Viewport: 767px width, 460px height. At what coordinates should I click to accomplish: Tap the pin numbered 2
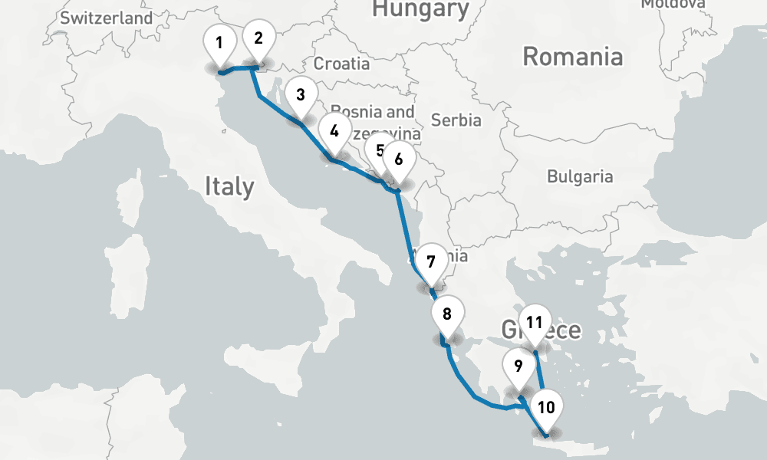[258, 38]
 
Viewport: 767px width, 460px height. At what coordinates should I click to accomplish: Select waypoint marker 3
[301, 96]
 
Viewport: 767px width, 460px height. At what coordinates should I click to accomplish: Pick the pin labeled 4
[334, 131]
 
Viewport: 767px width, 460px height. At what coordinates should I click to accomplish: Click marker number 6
[398, 159]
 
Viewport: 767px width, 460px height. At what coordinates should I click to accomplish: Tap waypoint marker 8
[448, 313]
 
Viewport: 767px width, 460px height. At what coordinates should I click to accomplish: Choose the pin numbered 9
[518, 366]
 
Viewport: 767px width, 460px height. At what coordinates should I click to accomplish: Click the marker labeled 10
[546, 407]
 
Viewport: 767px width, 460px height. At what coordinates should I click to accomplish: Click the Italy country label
[229, 186]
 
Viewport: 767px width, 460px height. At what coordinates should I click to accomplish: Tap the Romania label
[572, 57]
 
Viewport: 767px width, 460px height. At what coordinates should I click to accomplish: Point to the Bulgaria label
[580, 176]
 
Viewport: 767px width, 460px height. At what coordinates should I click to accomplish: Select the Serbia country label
[456, 120]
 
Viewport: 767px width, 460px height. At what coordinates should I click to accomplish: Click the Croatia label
[341, 64]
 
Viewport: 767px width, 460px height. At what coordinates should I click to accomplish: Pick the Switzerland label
[107, 18]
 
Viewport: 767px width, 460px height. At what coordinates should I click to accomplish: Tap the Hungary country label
[420, 9]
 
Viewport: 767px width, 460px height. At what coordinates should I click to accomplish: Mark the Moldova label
[673, 4]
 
